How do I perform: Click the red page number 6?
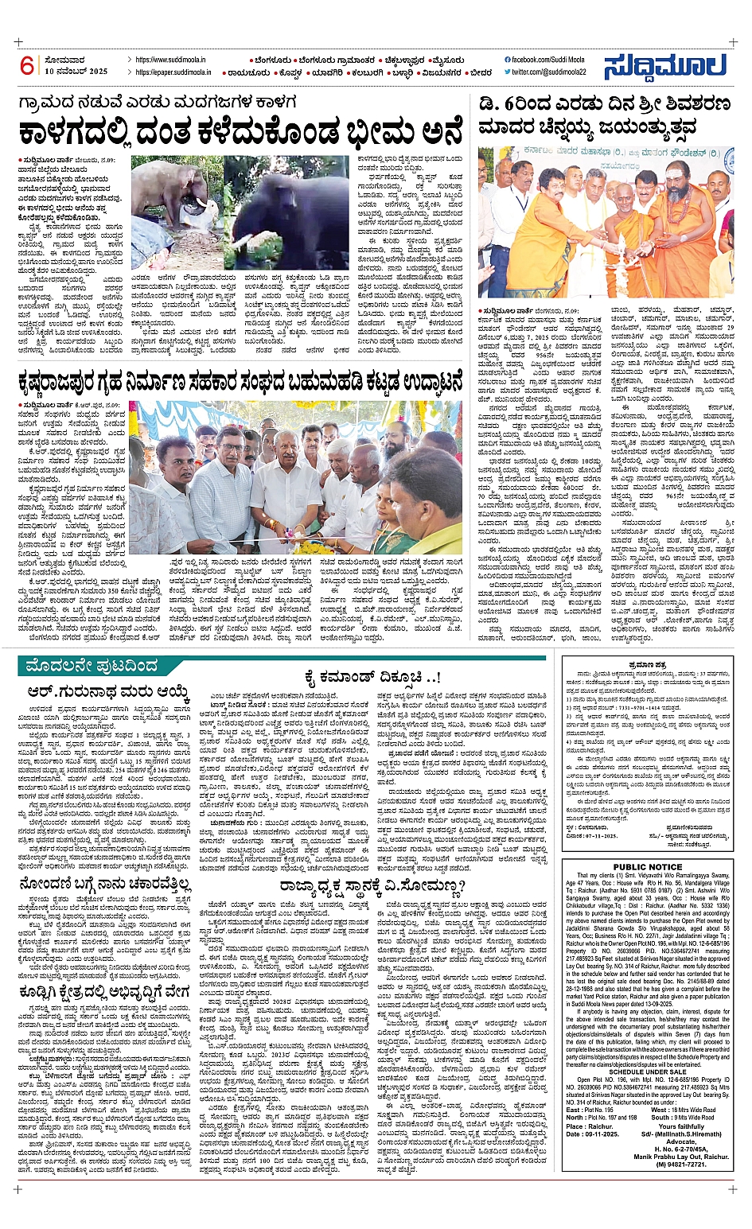(x=28, y=66)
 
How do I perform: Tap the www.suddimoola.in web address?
(x=170, y=60)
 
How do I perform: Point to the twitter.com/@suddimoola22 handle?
(x=548, y=72)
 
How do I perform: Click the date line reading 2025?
(x=76, y=72)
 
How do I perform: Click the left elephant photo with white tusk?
(x=176, y=213)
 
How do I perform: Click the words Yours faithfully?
(x=681, y=1126)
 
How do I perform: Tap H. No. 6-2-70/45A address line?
(x=681, y=1149)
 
